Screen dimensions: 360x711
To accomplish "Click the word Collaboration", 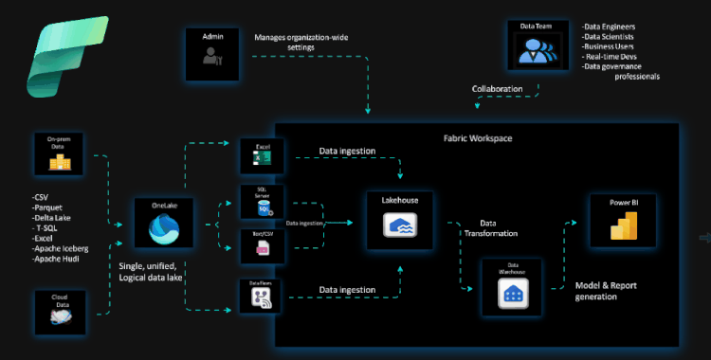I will click(498, 90).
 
